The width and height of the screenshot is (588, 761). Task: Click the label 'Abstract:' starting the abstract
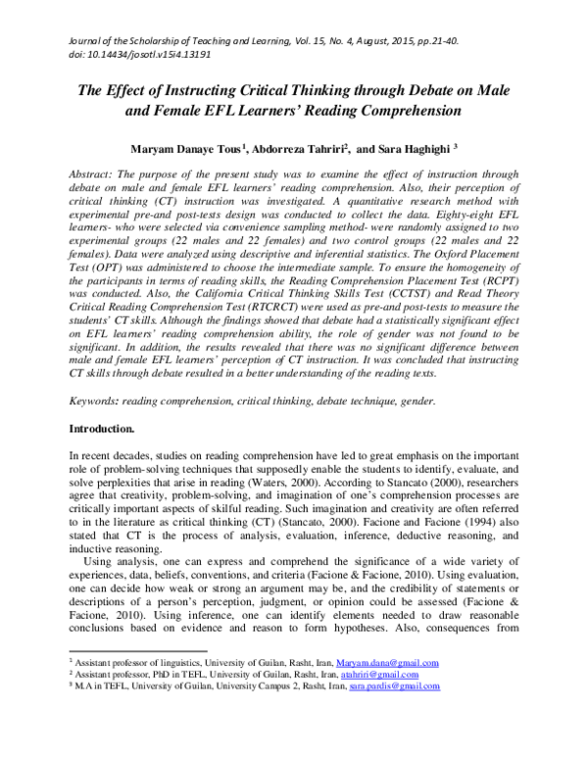(x=95, y=173)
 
